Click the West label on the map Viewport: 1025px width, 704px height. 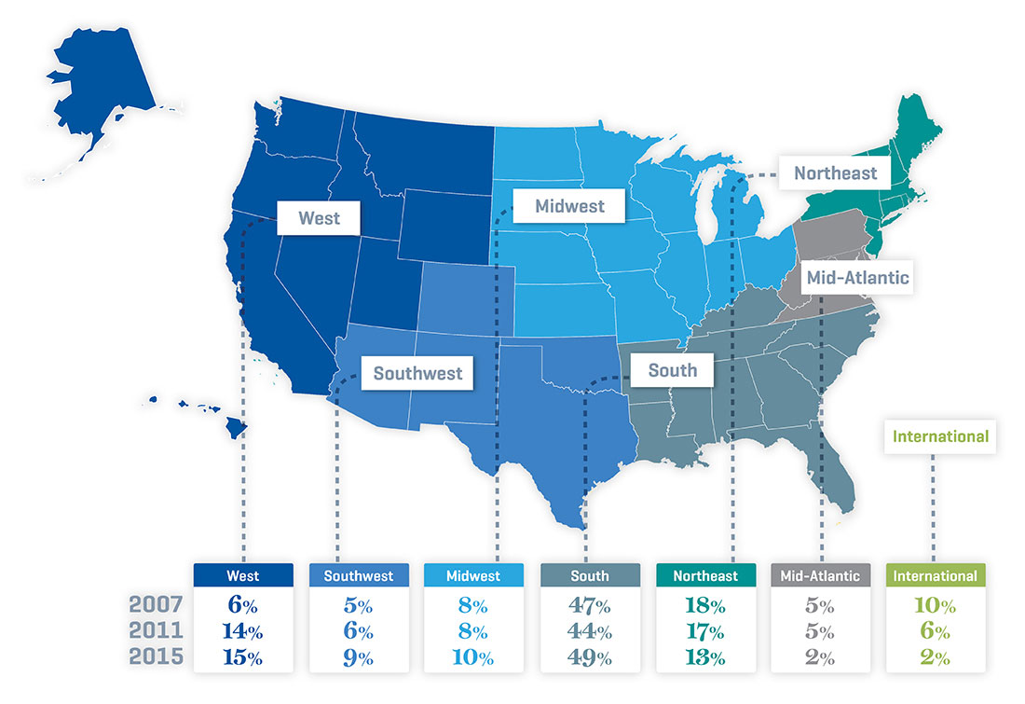point(319,219)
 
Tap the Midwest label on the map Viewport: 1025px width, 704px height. point(569,206)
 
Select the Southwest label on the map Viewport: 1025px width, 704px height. point(417,374)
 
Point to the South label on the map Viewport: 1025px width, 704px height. point(672,370)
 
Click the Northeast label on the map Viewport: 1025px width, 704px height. point(835,173)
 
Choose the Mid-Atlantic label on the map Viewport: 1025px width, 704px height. point(857,277)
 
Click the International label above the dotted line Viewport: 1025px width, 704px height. point(940,435)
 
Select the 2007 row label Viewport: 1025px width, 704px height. point(155,605)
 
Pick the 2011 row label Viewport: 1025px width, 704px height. point(155,631)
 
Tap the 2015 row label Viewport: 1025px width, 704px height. point(155,657)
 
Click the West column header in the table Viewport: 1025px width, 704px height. point(242,576)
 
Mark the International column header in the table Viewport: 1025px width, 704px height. point(935,576)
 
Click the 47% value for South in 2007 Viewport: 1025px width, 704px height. point(589,605)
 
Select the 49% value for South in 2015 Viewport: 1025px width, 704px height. point(589,657)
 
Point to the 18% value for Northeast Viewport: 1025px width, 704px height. point(704,605)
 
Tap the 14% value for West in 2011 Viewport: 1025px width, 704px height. point(242,631)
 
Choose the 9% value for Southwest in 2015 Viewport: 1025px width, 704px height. point(358,657)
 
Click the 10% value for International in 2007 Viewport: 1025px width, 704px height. point(935,605)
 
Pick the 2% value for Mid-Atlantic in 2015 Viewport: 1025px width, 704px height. point(820,657)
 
